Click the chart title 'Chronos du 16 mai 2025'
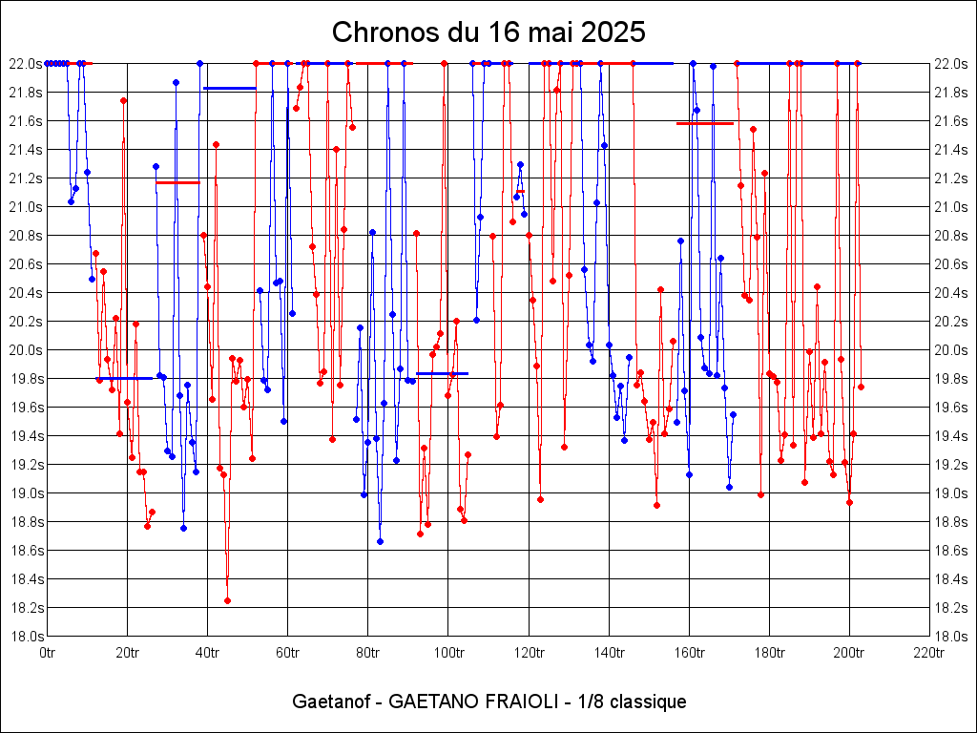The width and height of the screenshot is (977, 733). [488, 31]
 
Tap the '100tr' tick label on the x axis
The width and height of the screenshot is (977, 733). [448, 653]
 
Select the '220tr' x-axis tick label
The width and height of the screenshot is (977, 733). [929, 653]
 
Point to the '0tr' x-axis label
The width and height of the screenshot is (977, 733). [48, 653]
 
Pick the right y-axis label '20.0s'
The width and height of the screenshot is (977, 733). [952, 350]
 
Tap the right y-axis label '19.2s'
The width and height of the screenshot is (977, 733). [952, 465]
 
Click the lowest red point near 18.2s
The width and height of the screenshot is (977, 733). [227, 600]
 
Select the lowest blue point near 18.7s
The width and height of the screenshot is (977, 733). [380, 541]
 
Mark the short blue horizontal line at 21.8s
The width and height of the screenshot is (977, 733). [229, 88]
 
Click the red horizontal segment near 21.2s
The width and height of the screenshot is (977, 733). [177, 182]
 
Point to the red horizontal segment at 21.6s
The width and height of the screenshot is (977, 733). [704, 123]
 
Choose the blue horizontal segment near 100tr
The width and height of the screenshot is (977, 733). [442, 373]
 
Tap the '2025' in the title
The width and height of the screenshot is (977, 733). [613, 31]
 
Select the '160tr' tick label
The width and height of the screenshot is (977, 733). [689, 653]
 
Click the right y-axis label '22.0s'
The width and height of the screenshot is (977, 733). [952, 64]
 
